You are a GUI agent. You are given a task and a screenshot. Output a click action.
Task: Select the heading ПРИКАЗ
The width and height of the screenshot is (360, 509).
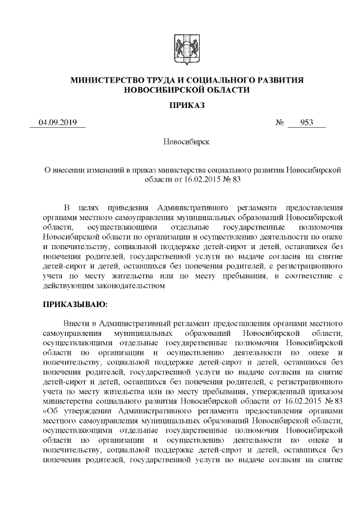click(187, 106)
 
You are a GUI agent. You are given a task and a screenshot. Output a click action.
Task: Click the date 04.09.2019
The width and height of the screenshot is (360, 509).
click(58, 123)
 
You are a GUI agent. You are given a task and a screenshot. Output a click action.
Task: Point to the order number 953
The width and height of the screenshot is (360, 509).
click(307, 123)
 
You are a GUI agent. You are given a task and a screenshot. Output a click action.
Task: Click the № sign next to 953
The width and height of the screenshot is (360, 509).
click(279, 123)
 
